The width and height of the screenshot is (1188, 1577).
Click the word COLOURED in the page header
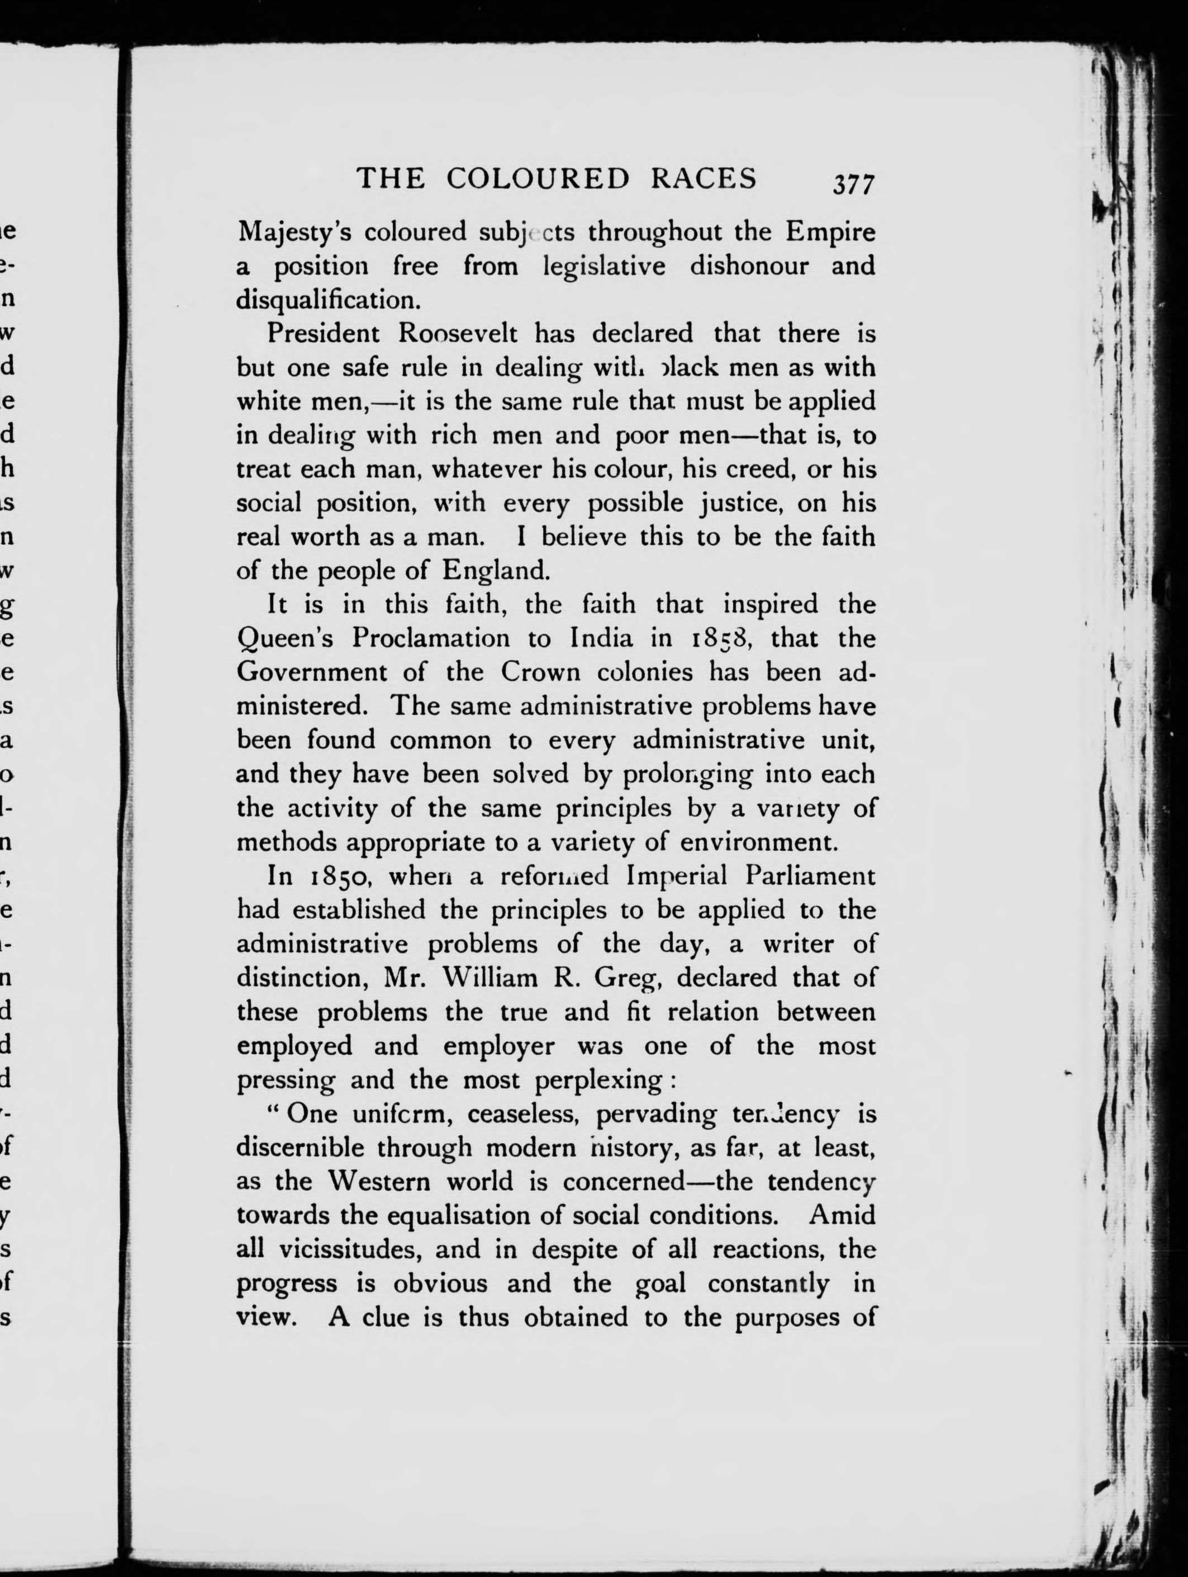coord(538,178)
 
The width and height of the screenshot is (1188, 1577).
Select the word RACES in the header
coord(704,178)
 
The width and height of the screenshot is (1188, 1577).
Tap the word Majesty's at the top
coord(293,233)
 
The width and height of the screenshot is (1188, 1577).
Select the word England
coord(496,570)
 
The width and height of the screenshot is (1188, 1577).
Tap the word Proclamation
coord(431,637)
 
